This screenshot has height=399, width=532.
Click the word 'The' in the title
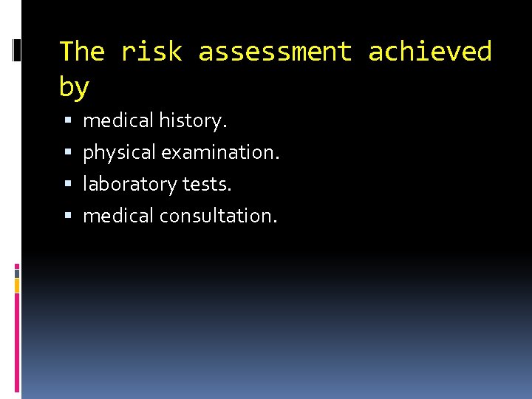click(x=82, y=52)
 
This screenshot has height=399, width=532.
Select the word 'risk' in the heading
click(x=151, y=52)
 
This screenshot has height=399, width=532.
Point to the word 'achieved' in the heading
click(x=429, y=52)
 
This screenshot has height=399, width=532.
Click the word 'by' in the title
click(x=74, y=87)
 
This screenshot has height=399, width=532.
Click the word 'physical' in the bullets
click(x=120, y=153)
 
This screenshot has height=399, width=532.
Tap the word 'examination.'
click(x=221, y=152)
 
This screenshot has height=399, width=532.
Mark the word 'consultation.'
click(x=219, y=216)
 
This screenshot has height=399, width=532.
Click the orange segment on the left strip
click(x=17, y=284)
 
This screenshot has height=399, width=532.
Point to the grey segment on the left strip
click(x=17, y=273)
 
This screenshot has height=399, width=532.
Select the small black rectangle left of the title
click(x=17, y=50)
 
